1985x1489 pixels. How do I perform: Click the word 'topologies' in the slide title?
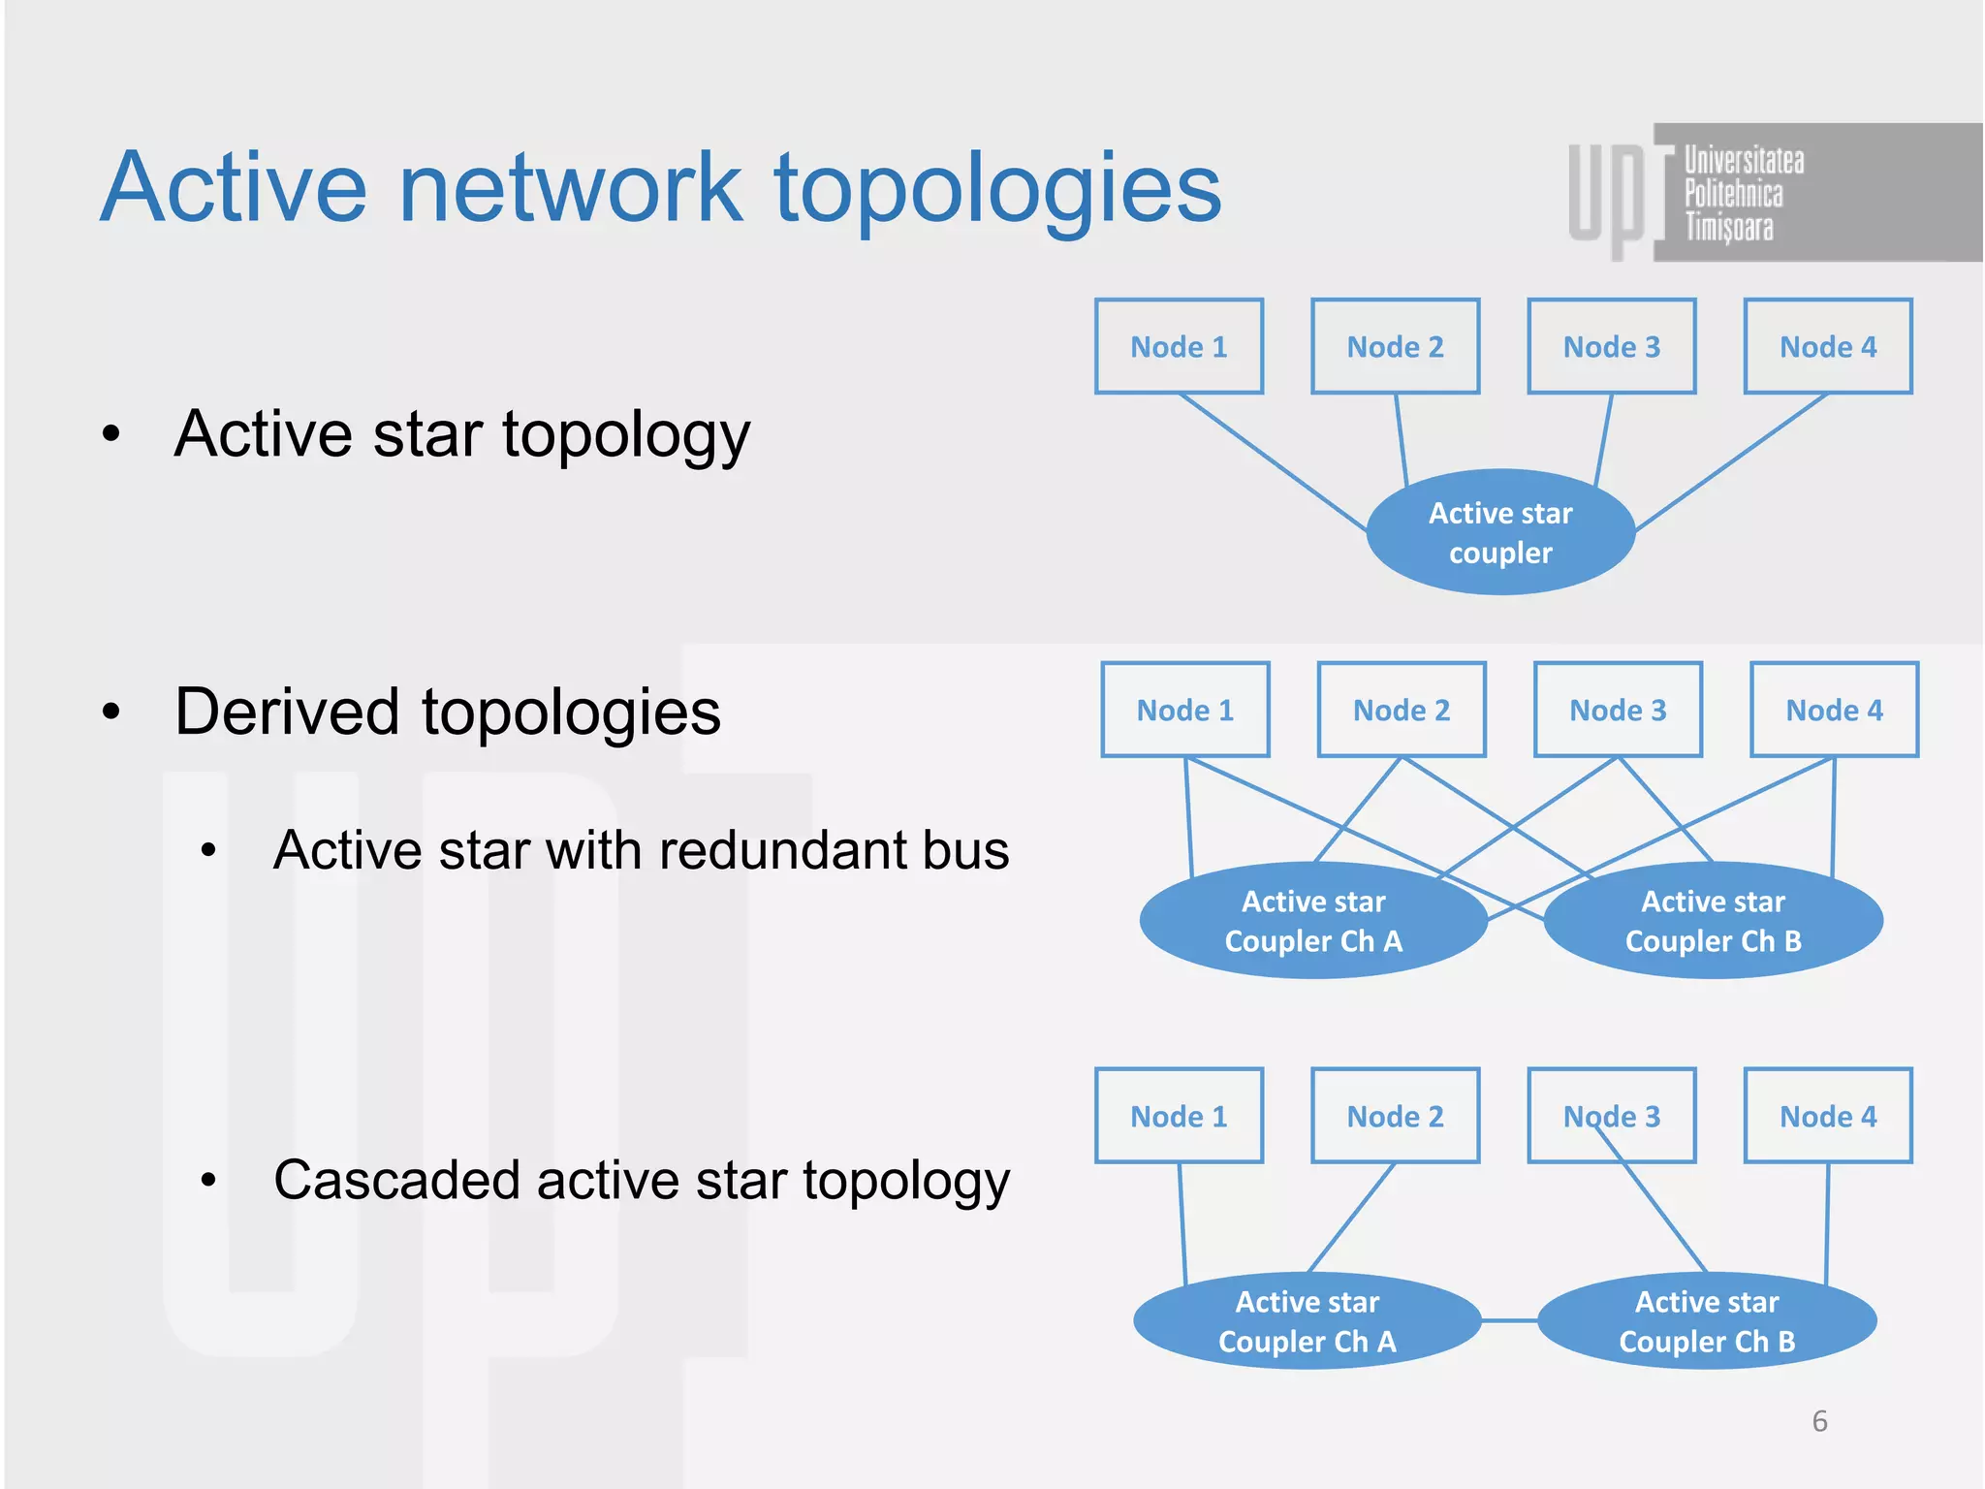[998, 189]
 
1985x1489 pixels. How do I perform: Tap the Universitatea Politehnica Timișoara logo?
[1735, 192]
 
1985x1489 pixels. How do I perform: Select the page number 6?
[1819, 1421]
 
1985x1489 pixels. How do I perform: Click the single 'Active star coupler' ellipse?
[1500, 532]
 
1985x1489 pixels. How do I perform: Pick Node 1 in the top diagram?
[1179, 346]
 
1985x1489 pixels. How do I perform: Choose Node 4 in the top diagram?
[1828, 346]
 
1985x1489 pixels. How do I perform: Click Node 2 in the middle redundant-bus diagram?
[1402, 710]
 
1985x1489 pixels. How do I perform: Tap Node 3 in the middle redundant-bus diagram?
[1618, 710]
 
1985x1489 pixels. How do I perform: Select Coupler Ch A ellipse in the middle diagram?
[1313, 921]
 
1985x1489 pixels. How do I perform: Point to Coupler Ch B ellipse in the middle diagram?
[1713, 921]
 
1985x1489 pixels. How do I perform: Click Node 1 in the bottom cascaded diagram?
[1179, 1116]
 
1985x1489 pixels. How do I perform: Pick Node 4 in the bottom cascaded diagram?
[1828, 1116]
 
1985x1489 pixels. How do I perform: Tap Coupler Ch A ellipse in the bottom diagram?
[1307, 1321]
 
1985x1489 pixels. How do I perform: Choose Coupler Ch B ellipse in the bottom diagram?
[1707, 1321]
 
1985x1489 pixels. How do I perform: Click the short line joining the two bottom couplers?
[1509, 1320]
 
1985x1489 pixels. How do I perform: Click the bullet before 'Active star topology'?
[111, 433]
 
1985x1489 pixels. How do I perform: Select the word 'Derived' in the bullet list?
[287, 712]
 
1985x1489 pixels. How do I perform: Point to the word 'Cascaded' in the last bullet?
[397, 1180]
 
